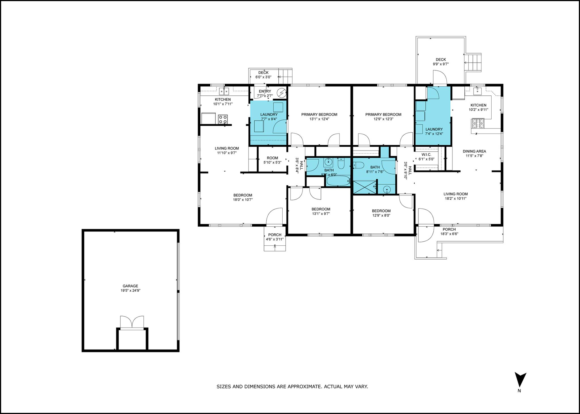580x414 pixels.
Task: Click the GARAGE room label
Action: [x=130, y=286]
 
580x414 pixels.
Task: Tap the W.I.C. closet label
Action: [x=426, y=155]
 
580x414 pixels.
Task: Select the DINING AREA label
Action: [x=474, y=151]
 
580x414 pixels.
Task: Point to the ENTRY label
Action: [x=265, y=91]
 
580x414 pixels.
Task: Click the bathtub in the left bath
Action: [x=339, y=181]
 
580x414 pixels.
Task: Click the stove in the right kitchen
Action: [x=477, y=124]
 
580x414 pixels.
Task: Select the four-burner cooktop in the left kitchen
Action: [x=223, y=119]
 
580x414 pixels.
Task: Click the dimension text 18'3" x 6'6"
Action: [x=449, y=234]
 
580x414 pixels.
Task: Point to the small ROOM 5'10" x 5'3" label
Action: [x=272, y=160]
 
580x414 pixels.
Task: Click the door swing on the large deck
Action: [x=440, y=77]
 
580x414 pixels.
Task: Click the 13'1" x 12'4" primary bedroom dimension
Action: [x=319, y=119]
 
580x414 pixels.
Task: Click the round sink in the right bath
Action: [x=387, y=189]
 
